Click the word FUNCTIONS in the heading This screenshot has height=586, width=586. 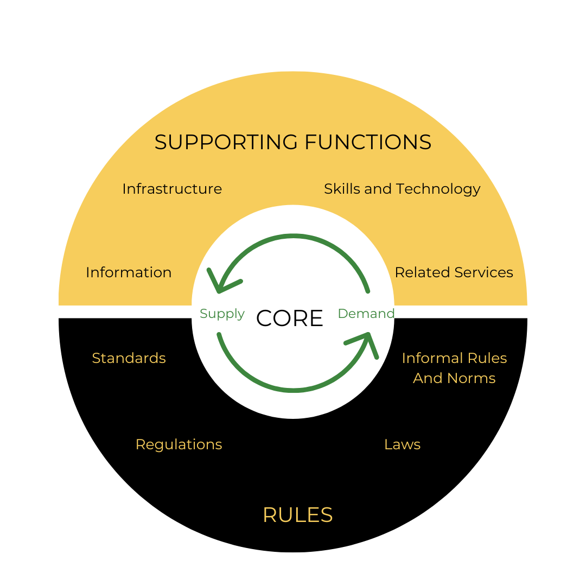point(368,142)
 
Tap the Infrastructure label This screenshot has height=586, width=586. point(172,189)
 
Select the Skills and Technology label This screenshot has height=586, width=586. point(402,189)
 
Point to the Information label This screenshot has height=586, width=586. point(129,272)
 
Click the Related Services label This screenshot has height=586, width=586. point(454,272)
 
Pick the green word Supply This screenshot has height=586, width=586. point(222,314)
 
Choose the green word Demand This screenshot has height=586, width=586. point(366,313)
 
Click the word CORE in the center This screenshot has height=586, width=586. point(290,318)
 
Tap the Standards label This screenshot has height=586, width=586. point(129,358)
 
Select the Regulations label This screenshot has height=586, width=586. point(179,445)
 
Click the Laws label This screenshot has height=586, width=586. point(402,444)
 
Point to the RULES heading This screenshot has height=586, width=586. point(297,515)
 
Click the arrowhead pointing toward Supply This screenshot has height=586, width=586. point(220,284)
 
